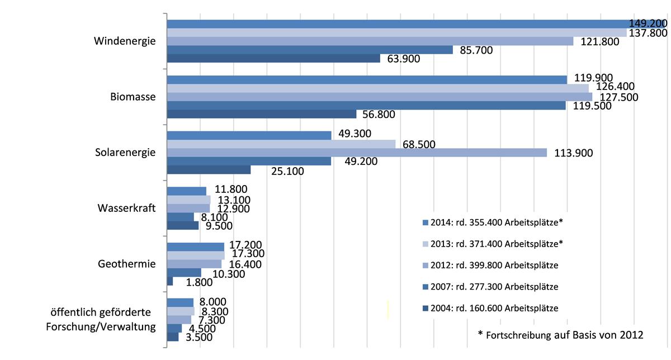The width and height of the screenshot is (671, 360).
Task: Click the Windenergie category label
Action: [125, 41]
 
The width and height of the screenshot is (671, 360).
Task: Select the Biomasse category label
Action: [133, 97]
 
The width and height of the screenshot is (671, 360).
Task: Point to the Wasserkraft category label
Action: [126, 208]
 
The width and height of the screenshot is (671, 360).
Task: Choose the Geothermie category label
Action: [126, 264]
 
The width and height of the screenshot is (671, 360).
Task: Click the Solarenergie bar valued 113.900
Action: [357, 153]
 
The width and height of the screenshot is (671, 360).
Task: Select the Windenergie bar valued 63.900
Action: [273, 59]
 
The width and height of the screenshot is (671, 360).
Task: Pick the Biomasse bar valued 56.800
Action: [262, 114]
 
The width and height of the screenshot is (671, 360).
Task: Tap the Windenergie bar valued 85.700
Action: [310, 50]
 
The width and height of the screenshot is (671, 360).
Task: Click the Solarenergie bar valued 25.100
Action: [209, 170]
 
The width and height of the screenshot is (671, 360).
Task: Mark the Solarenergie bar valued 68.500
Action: [281, 144]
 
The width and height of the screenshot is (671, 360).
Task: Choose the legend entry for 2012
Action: [492, 265]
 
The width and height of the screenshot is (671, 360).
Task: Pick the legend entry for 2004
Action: [492, 308]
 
